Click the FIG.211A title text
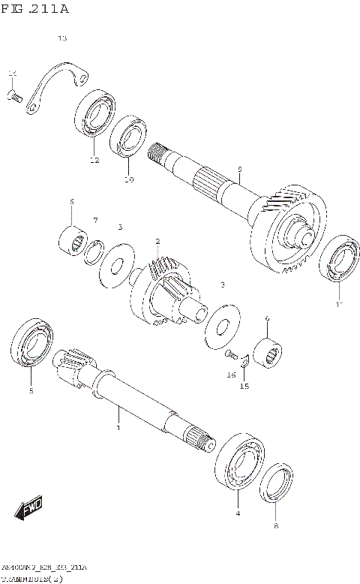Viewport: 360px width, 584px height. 36,9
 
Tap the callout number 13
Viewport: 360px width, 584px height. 62,38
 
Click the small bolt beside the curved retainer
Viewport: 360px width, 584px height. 14,95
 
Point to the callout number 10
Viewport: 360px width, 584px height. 128,179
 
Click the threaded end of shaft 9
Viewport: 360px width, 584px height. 157,154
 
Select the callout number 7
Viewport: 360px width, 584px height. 95,219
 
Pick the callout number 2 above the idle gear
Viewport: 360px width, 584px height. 157,241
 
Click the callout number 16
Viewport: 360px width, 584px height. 232,375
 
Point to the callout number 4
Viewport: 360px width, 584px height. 238,513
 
